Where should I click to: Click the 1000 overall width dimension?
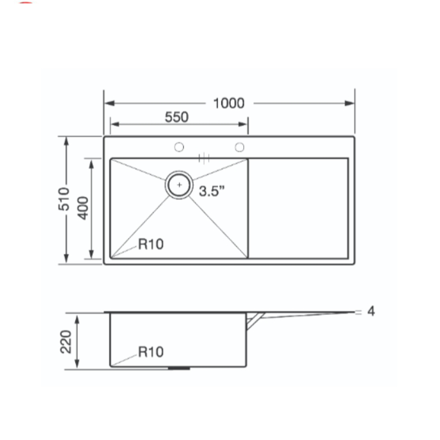[x=229, y=104]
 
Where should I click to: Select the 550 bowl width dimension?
[x=176, y=117]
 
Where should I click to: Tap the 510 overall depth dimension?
[x=64, y=199]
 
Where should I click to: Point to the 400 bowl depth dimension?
[x=83, y=208]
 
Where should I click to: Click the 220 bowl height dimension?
[x=66, y=341]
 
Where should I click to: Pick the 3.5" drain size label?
[x=212, y=191]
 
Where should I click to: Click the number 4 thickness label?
[x=371, y=311]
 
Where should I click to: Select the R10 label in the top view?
[x=151, y=244]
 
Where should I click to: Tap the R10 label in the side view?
[x=151, y=352]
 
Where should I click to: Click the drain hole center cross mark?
[x=179, y=185]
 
